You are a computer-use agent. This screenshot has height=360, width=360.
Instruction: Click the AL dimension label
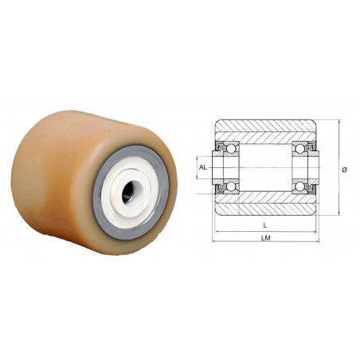[x=202, y=167]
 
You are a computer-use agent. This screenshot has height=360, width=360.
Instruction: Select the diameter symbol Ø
[x=345, y=168]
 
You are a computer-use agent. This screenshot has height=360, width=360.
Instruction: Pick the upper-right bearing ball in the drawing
[x=300, y=149]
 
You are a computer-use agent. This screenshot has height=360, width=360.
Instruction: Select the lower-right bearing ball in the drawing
[x=300, y=186]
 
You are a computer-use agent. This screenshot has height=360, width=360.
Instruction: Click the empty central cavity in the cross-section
[x=265, y=168]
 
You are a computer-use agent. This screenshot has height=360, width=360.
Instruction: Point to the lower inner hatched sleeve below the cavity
[x=265, y=197]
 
